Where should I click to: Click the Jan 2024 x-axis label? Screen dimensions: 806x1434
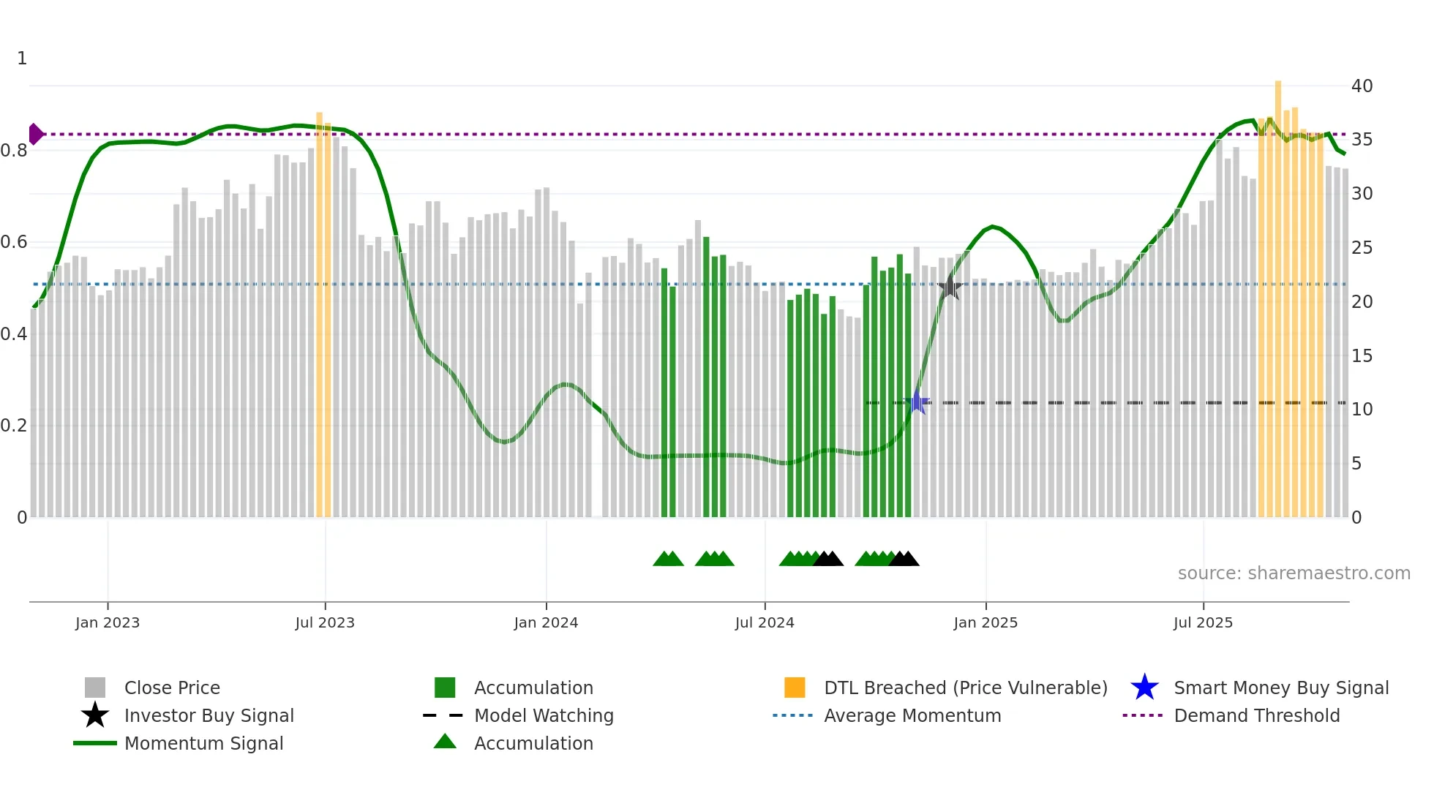coord(546,622)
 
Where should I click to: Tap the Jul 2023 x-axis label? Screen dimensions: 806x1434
coord(325,622)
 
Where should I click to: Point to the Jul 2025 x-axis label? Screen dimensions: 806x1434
coord(1203,622)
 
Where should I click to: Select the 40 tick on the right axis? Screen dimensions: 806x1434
coord(1362,86)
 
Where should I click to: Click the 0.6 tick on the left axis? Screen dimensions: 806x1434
coord(14,242)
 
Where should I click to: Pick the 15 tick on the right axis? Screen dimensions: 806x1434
coord(1362,356)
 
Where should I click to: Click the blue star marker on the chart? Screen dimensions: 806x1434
coord(917,402)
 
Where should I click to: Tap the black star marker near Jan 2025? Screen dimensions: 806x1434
coord(950,287)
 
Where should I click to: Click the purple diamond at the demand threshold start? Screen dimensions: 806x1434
coord(35,135)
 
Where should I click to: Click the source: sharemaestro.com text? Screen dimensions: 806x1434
coord(1294,573)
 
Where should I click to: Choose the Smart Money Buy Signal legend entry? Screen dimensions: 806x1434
coord(1280,688)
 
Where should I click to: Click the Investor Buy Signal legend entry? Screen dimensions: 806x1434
coord(209,716)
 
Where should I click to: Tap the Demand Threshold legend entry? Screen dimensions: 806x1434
coord(1256,716)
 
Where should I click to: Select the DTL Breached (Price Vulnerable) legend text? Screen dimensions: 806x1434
coord(965,688)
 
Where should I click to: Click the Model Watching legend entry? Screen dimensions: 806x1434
coord(543,716)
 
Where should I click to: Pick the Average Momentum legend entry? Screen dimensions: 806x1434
coord(912,716)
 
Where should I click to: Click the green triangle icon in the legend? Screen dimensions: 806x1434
coord(445,742)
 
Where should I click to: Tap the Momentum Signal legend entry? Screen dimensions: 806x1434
coord(203,744)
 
